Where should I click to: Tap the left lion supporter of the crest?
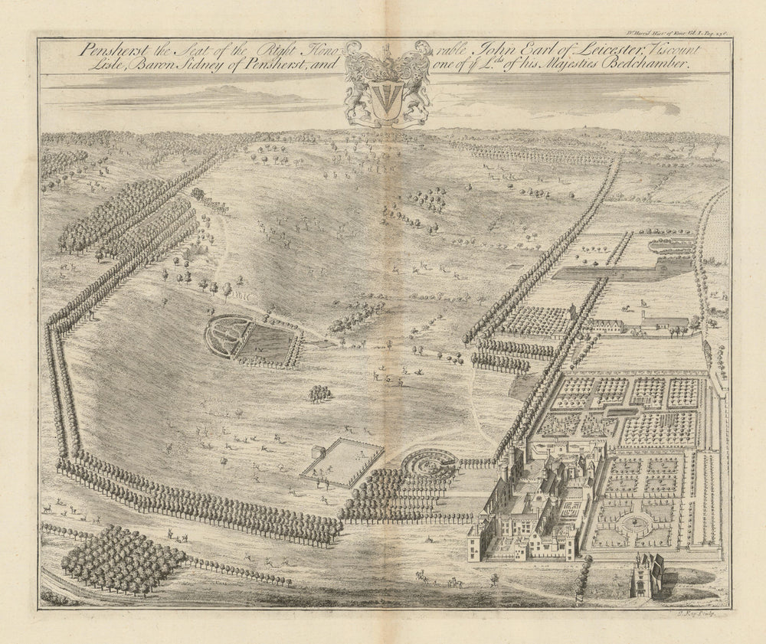click(357, 84)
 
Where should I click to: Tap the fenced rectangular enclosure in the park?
click(342, 462)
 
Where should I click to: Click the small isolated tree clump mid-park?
click(320, 394)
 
